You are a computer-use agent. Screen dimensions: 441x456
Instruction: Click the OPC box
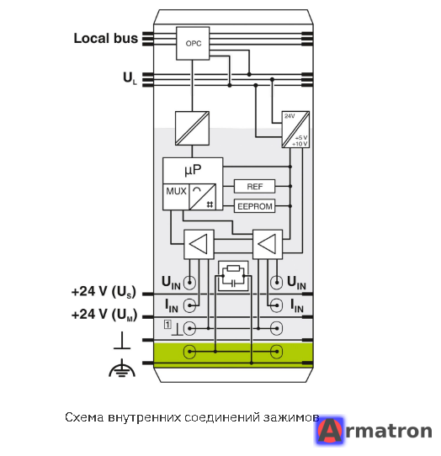tap(193, 44)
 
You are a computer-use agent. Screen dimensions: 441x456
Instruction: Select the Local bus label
tap(105, 39)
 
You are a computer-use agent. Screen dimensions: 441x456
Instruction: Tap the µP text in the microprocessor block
tap(193, 170)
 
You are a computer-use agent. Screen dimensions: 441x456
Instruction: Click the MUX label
tap(176, 191)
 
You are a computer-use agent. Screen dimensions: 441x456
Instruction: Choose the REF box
tap(254, 187)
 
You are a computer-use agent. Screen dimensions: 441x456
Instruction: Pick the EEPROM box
tap(254, 206)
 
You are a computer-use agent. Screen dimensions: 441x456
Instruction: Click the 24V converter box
tap(295, 130)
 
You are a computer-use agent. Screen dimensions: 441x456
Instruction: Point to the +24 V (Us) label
tap(104, 291)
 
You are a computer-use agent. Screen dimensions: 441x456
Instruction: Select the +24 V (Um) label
tap(104, 315)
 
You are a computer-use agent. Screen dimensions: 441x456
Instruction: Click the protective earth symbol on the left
tap(122, 369)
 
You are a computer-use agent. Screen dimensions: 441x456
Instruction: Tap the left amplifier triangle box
tap(199, 244)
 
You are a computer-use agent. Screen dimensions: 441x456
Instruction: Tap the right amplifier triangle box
tap(268, 244)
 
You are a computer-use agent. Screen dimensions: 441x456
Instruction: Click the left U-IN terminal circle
tap(189, 283)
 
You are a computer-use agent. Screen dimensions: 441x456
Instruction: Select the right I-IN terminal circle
tap(276, 305)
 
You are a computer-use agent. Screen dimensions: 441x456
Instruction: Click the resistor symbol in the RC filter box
tap(233, 268)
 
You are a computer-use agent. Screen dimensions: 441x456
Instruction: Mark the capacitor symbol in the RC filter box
tap(233, 284)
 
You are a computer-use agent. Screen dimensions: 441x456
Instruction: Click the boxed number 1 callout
tap(167, 324)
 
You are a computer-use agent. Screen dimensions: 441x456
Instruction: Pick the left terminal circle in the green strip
tap(189, 352)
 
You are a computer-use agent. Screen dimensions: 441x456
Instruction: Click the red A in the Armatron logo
tap(330, 431)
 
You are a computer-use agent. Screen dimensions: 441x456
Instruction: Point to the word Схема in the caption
tap(84, 417)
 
